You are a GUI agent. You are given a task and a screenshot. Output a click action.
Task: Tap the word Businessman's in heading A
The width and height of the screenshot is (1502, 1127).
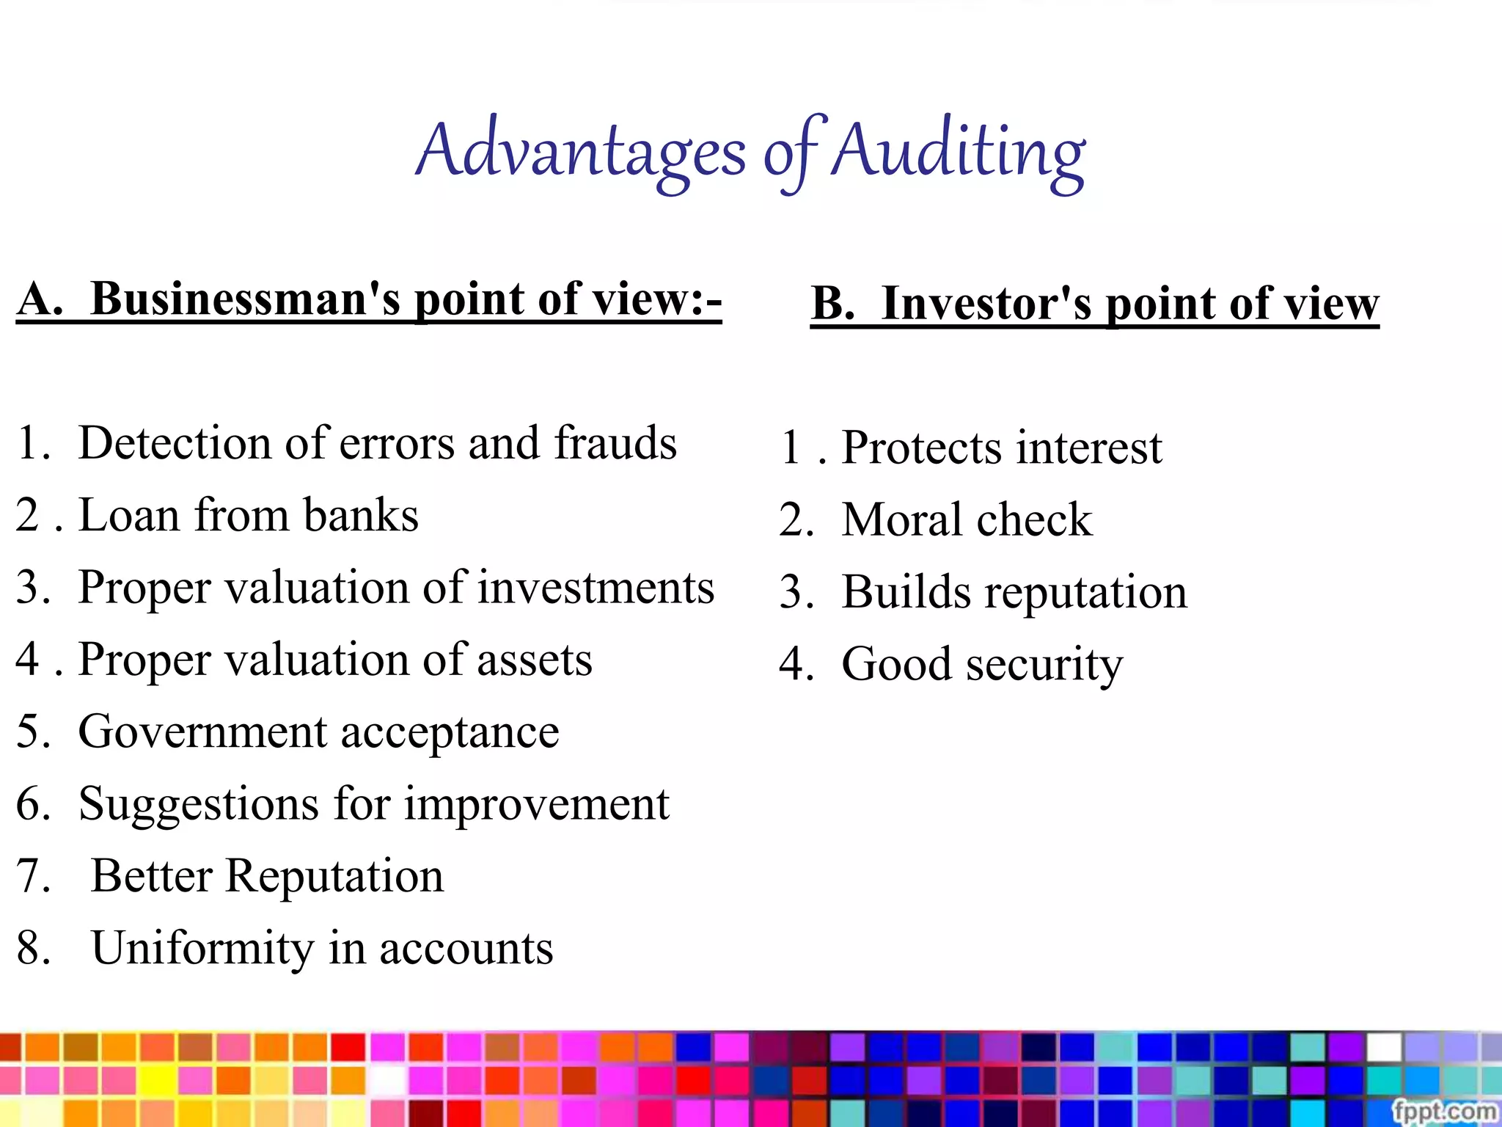(x=245, y=299)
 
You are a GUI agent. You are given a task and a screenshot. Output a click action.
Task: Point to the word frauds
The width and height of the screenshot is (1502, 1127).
(x=615, y=443)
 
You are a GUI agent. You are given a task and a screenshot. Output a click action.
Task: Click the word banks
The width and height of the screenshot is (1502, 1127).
(x=360, y=515)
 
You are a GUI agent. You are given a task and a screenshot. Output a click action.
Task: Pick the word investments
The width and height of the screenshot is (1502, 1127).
(x=596, y=588)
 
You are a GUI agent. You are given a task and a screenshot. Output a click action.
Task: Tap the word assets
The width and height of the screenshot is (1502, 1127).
(x=535, y=660)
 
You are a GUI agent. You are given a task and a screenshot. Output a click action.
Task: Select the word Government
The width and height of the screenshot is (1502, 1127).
(x=202, y=732)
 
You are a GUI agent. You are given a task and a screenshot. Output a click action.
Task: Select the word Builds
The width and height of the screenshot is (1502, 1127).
(x=906, y=592)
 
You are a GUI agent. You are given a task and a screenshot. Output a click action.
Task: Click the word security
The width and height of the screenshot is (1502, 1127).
(x=1044, y=665)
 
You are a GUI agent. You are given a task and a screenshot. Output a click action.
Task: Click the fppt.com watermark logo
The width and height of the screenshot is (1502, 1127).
(x=1444, y=1112)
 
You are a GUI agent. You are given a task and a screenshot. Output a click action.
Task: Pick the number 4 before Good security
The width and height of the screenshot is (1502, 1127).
(x=792, y=664)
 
